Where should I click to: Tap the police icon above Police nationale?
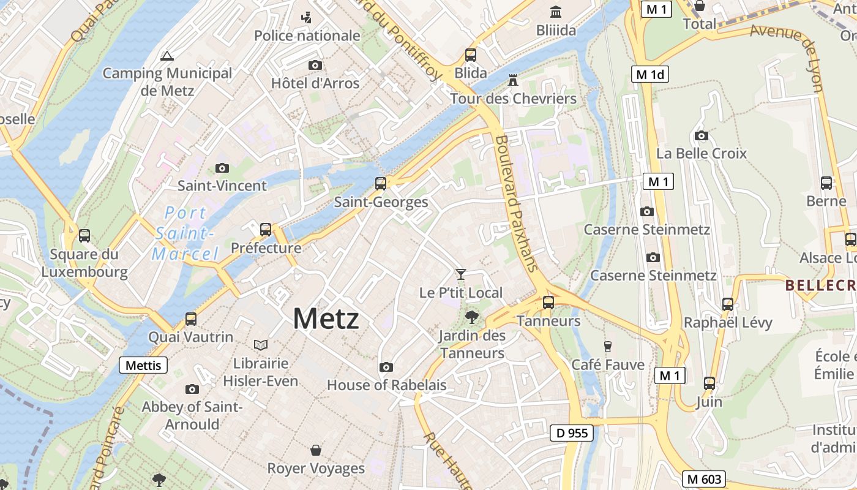click(x=306, y=18)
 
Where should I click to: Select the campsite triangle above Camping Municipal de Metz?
click(x=167, y=56)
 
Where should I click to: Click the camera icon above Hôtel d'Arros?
click(x=315, y=65)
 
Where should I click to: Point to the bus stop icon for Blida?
click(x=471, y=55)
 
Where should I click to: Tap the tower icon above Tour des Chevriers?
click(x=513, y=81)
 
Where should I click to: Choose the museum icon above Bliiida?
click(x=556, y=12)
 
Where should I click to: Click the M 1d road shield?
click(x=649, y=75)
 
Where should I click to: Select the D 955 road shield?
click(x=572, y=433)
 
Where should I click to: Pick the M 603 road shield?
click(x=704, y=479)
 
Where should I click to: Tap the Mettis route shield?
click(x=143, y=366)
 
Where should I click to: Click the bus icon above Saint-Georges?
click(x=381, y=183)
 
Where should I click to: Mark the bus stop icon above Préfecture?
click(x=266, y=230)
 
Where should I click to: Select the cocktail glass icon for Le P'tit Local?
click(x=461, y=274)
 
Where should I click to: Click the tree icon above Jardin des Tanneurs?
click(x=471, y=317)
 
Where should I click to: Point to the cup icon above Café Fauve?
click(x=608, y=347)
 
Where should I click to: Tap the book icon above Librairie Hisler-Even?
click(x=261, y=345)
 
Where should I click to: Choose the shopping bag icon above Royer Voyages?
click(x=316, y=451)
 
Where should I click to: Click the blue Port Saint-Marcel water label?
click(x=185, y=233)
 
